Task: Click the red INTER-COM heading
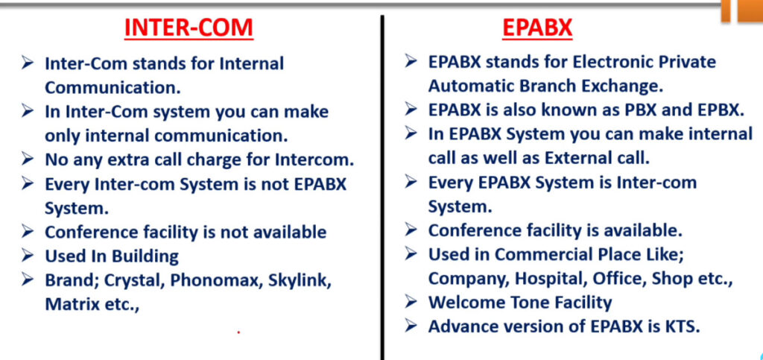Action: pos(189,28)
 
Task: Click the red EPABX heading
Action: pos(537,28)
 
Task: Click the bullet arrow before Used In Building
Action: pos(28,254)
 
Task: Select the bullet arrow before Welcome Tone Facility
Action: pos(411,302)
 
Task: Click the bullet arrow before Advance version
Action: pos(411,325)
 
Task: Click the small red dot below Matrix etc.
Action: pos(238,332)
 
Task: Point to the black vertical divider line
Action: pos(382,187)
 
